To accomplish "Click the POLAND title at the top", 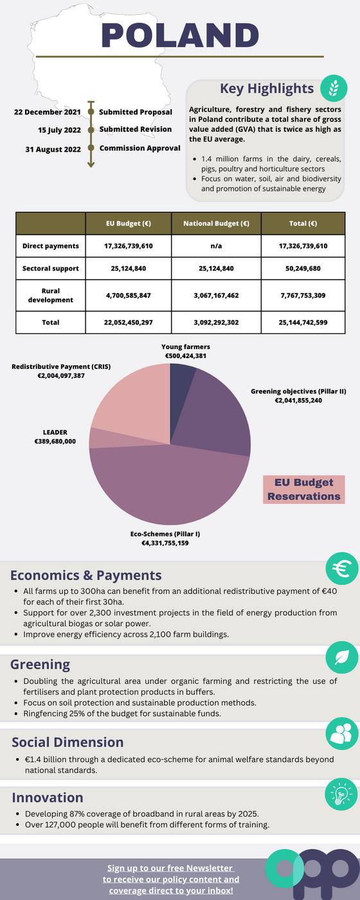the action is [x=180, y=35].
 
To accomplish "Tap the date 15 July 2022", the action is [x=59, y=130].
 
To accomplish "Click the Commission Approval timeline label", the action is [x=140, y=148].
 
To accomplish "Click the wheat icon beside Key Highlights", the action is [x=334, y=88].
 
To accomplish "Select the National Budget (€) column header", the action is [x=216, y=224].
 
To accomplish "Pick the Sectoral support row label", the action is [x=51, y=269].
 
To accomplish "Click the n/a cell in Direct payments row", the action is [x=216, y=246].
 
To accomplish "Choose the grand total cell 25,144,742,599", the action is [x=303, y=322].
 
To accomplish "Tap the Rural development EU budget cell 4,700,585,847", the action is [x=129, y=295].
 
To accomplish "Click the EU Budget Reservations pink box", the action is [x=303, y=489].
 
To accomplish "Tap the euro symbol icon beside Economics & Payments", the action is [x=342, y=568].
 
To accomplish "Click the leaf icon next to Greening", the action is [x=342, y=657].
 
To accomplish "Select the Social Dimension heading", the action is [x=67, y=742].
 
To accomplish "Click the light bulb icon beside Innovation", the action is [x=341, y=795].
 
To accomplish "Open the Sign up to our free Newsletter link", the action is [x=171, y=879].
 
